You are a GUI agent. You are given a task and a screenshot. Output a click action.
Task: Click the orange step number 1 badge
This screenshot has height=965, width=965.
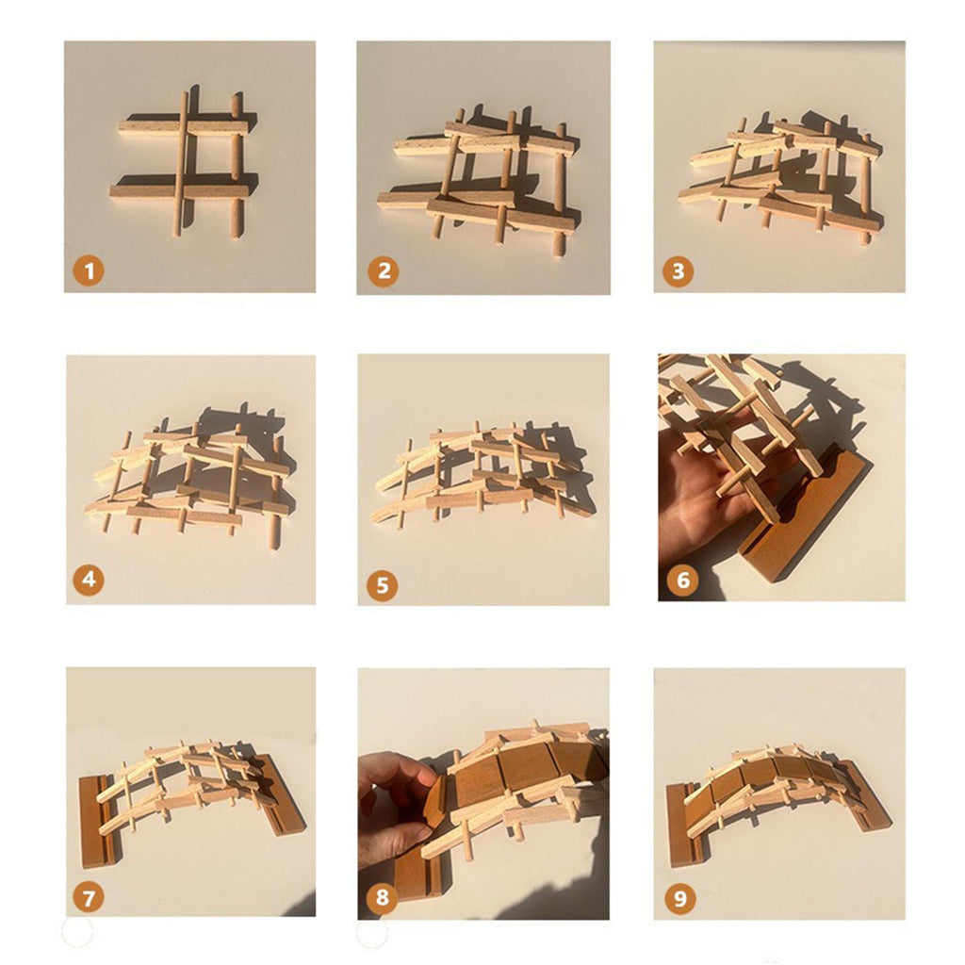point(89,270)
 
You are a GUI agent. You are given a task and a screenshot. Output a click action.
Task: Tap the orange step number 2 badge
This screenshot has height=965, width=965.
point(384,270)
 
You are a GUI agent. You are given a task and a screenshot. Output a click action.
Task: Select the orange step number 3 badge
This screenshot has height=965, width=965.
point(678,270)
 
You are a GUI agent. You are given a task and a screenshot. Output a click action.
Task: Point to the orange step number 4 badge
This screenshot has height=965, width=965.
point(89,580)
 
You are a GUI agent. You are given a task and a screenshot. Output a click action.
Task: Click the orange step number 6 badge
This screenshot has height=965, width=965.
point(682,580)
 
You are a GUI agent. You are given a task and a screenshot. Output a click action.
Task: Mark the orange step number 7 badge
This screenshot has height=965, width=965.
point(89,898)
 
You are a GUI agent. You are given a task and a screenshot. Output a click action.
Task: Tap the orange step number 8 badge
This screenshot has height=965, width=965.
point(383,897)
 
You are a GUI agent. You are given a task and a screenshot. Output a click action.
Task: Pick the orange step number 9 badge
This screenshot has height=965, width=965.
point(680,898)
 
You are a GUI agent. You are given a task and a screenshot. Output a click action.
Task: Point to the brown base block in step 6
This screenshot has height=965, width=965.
point(808,512)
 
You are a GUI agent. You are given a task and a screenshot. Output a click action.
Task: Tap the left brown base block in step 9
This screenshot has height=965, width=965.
point(687,825)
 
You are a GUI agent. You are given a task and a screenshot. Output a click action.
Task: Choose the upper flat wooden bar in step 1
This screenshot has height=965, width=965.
point(184,128)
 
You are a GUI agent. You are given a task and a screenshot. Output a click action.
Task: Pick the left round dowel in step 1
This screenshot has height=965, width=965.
point(180,164)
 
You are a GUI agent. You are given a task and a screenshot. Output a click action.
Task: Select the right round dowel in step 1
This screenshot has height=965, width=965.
point(236,166)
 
